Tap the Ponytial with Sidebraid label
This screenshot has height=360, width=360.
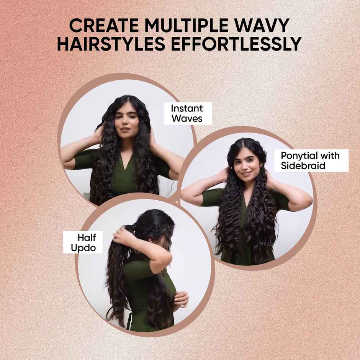[x=310, y=161]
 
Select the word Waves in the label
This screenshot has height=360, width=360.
[x=187, y=118]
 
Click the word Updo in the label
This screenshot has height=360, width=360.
[x=83, y=247]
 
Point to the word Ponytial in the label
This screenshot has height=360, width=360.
[x=296, y=156]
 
